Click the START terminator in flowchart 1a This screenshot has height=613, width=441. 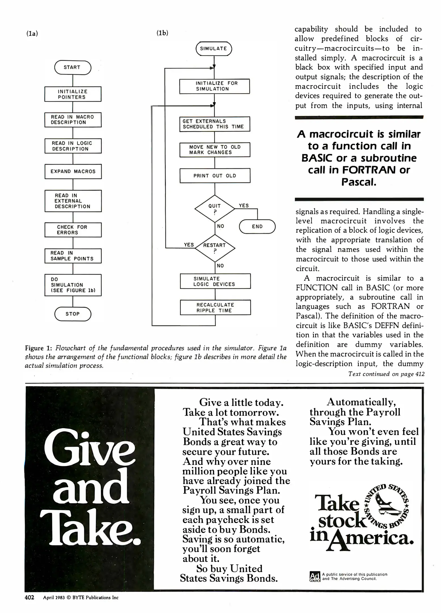pyautogui.click(x=73, y=68)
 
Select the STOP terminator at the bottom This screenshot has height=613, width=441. pyautogui.click(x=73, y=314)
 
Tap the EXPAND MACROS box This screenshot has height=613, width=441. pyautogui.click(x=73, y=171)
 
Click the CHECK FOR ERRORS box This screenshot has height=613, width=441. pyautogui.click(x=73, y=230)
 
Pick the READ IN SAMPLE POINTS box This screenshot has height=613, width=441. pyautogui.click(x=73, y=256)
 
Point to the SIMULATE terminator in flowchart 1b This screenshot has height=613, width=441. pyautogui.click(x=214, y=49)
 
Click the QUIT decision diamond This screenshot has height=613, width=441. pyautogui.click(x=215, y=209)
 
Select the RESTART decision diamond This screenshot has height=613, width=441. pyautogui.click(x=215, y=248)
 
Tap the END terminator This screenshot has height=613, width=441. pyautogui.click(x=257, y=226)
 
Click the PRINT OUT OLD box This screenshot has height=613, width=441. pyautogui.click(x=215, y=176)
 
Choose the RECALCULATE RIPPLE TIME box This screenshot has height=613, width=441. pyautogui.click(x=215, y=307)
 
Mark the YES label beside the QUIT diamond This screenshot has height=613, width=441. pyautogui.click(x=244, y=205)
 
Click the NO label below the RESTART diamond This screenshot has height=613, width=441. pyautogui.click(x=220, y=266)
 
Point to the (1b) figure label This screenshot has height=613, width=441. pyautogui.click(x=162, y=33)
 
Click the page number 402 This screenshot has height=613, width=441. pyautogui.click(x=30, y=597)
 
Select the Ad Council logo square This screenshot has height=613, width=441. pyautogui.click(x=315, y=576)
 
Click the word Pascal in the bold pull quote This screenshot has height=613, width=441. pyautogui.click(x=359, y=182)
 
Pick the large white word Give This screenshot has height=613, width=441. pyautogui.click(x=89, y=448)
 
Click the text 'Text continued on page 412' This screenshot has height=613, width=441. pyautogui.click(x=386, y=374)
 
